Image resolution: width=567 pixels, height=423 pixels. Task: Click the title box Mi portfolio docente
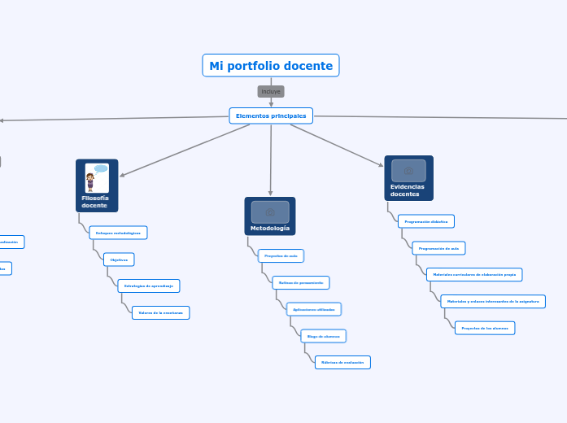[271, 66]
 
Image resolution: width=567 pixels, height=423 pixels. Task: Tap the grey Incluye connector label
[271, 91]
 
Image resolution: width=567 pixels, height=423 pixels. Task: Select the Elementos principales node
[271, 116]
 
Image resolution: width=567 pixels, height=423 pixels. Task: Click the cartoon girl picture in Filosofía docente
[96, 178]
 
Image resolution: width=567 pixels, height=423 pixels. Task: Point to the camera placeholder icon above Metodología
[270, 211]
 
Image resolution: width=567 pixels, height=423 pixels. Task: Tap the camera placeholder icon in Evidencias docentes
[408, 171]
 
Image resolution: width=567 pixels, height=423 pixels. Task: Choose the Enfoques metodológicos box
[118, 233]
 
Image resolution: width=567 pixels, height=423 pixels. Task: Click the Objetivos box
[119, 259]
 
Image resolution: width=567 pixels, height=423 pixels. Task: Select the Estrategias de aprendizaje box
[149, 286]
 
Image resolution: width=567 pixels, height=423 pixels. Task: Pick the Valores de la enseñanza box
[160, 312]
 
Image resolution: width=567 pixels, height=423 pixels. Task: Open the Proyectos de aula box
[281, 255]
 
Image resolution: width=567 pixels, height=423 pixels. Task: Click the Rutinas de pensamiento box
[301, 282]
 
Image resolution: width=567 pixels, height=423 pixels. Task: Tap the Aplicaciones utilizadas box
[314, 309]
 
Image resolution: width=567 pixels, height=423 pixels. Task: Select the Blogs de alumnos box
[324, 336]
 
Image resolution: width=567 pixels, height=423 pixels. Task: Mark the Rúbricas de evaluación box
[342, 362]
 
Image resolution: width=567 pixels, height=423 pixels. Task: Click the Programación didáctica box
[426, 221]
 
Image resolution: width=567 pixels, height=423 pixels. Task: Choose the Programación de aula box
[438, 248]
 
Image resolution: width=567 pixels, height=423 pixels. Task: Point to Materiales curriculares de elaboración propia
[474, 274]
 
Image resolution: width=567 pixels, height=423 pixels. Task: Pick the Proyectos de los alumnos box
[485, 328]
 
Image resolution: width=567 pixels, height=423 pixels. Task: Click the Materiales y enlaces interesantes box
[493, 301]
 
